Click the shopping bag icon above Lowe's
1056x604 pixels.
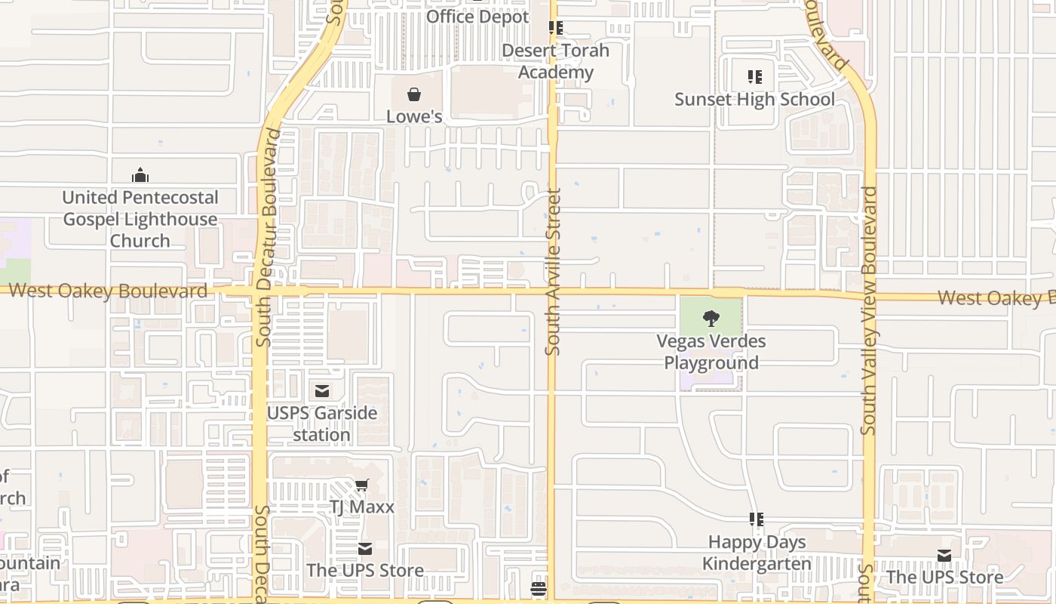coord(414,94)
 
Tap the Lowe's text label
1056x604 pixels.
coord(414,116)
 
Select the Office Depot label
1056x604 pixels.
coord(477,17)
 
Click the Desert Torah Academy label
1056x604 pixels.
coord(556,61)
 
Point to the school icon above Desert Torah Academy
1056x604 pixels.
coord(556,28)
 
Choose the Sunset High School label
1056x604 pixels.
coord(754,100)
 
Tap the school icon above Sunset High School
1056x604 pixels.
coord(755,76)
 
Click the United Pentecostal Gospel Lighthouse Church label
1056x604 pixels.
coord(140,219)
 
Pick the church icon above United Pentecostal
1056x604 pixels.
coord(140,176)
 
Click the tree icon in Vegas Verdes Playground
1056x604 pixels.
coord(711,319)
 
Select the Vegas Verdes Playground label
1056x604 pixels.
coord(711,352)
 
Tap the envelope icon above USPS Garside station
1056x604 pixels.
coord(322,391)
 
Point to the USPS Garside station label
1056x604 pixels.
coord(322,424)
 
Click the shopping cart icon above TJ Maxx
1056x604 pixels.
coord(362,485)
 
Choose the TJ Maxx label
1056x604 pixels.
coord(362,507)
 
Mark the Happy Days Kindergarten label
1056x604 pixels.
coord(757,553)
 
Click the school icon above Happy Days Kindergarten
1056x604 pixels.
coord(757,519)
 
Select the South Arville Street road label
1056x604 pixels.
coord(553,272)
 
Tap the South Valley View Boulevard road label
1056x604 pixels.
coord(869,310)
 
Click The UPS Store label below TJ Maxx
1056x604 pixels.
coord(365,570)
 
